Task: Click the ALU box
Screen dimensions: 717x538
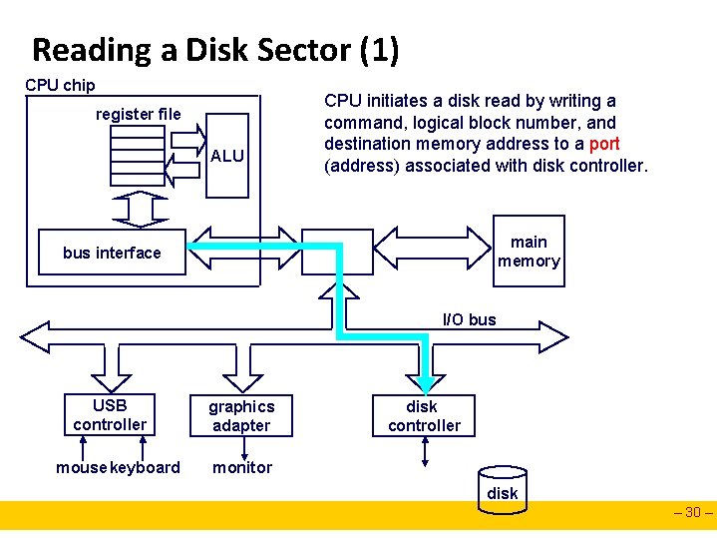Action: [227, 156]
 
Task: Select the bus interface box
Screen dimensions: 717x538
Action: [112, 252]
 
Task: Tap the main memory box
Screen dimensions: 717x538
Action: [529, 251]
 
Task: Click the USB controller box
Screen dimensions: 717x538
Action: [110, 414]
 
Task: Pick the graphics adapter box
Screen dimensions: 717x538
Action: [241, 415]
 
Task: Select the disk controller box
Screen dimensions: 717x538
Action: [424, 415]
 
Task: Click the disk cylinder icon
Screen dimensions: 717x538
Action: [503, 490]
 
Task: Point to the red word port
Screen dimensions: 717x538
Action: [604, 144]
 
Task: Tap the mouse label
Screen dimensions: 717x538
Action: [82, 467]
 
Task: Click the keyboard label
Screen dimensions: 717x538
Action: [145, 467]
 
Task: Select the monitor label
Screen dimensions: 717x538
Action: [242, 467]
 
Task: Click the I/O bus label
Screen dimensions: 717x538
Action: [469, 319]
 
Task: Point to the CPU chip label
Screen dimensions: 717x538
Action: [60, 85]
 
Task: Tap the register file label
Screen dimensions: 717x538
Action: [138, 114]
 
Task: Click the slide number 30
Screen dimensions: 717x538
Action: [693, 512]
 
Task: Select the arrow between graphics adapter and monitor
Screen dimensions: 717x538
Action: [244, 448]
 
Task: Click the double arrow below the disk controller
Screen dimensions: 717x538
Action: [425, 451]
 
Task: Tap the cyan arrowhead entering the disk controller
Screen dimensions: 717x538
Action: [426, 386]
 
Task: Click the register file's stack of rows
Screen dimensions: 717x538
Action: [138, 156]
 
